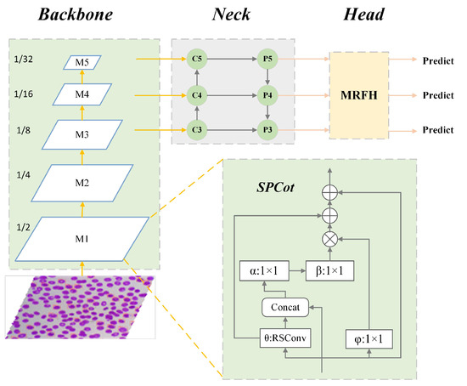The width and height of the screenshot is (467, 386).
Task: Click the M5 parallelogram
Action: point(81,61)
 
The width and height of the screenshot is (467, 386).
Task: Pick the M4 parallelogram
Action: point(81,94)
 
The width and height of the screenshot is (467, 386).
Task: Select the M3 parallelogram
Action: point(81,133)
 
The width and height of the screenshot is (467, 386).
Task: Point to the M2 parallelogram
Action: point(81,182)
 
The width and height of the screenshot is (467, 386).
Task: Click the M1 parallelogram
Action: point(81,238)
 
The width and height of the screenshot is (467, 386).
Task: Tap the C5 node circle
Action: point(198,61)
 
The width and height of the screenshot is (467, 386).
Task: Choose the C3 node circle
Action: point(198,130)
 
